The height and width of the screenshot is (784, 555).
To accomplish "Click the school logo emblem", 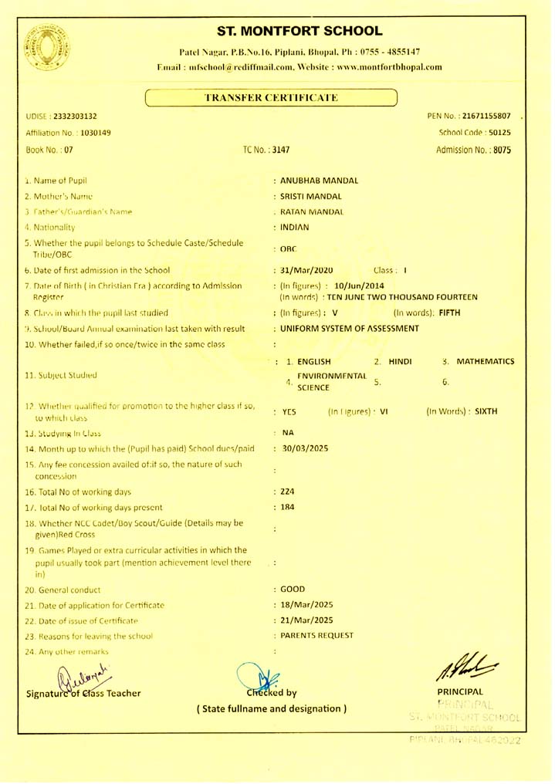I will (48, 46).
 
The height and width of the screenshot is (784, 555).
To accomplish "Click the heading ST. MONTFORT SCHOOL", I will (300, 32).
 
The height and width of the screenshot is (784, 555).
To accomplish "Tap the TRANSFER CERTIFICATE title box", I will (270, 98).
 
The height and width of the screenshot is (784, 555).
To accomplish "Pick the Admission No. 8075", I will (500, 150).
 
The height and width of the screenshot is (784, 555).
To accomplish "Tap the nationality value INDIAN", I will (294, 227).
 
